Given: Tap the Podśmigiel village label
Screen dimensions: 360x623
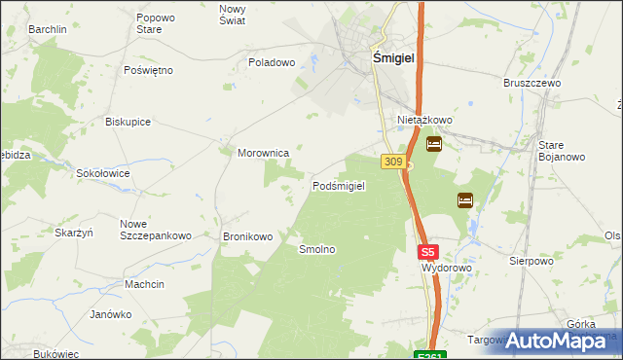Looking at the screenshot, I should point(338,186).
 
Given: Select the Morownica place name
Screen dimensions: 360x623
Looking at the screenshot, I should point(264,153).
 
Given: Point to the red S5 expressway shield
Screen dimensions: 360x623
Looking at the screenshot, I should point(429,250).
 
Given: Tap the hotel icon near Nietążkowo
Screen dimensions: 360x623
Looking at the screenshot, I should point(434,145).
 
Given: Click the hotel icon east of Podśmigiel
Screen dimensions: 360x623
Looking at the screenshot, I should point(465,200).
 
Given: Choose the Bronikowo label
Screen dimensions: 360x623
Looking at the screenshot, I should point(247,236).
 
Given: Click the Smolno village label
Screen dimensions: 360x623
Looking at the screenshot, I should point(317,249).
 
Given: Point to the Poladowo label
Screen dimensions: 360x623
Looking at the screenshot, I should point(272,62).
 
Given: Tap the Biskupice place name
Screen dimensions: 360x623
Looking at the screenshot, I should point(128,122).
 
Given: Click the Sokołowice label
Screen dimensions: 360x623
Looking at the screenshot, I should point(105,172).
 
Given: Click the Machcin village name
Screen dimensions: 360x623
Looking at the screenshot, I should point(144,284).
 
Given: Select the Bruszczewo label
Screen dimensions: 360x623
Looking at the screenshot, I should point(533,84).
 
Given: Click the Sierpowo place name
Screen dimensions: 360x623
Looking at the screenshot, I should point(531,261).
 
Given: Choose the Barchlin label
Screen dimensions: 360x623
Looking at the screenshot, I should point(47,29).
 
